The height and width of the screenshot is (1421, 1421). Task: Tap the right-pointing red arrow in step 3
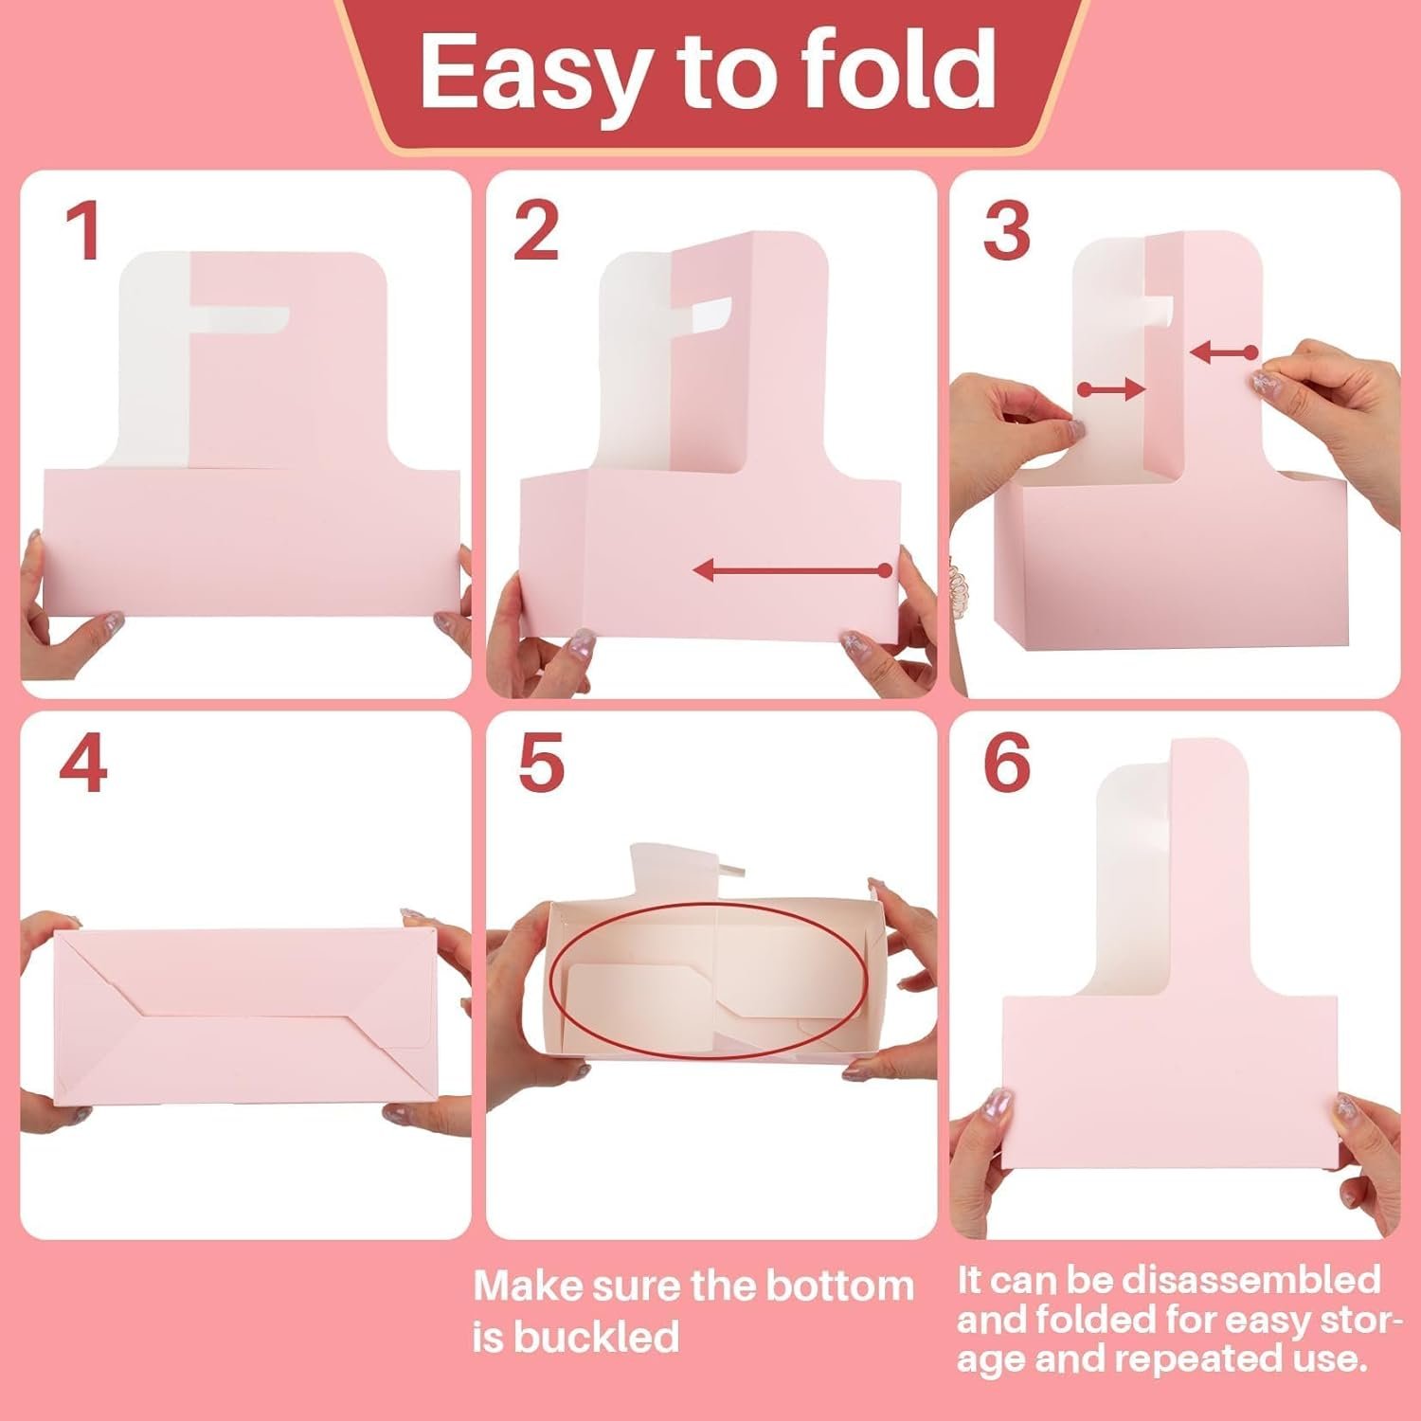(1113, 387)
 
